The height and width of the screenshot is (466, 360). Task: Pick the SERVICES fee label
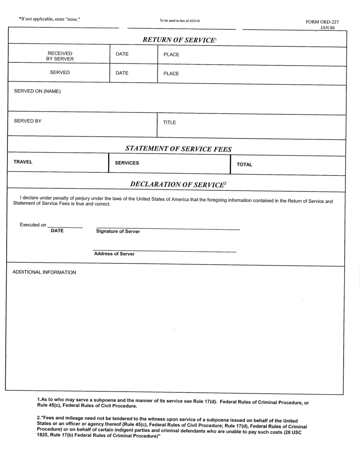(127, 163)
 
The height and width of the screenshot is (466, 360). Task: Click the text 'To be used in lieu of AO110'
(180, 20)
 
